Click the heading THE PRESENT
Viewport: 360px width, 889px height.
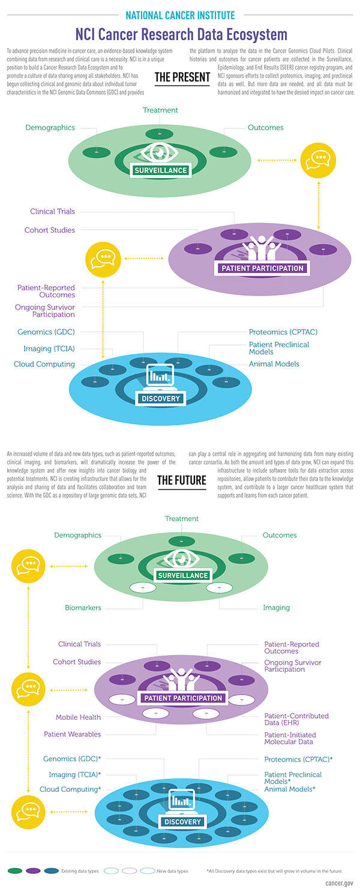[x=182, y=77]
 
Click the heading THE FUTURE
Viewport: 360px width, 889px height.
[x=181, y=479]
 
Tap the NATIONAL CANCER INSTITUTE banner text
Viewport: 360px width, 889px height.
[x=180, y=14]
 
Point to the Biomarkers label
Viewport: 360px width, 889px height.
[x=83, y=608]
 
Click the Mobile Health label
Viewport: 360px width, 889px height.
[x=78, y=717]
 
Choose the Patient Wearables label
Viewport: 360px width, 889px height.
[x=72, y=734]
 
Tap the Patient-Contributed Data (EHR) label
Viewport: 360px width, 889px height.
[x=296, y=719]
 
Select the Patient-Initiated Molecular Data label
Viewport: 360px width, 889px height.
[x=290, y=738]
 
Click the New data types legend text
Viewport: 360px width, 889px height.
[x=173, y=870]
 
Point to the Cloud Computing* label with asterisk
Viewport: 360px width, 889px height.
[x=70, y=789]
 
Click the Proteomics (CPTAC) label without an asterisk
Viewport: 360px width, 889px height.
[x=283, y=332]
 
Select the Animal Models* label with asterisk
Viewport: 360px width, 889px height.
[x=290, y=789]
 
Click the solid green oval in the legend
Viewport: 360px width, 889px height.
[x=15, y=870]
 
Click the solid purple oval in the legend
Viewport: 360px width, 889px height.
[x=33, y=870]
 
